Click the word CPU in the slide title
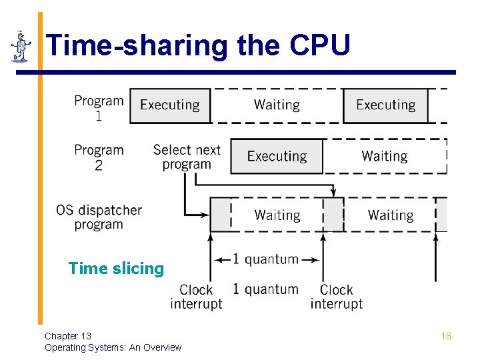coord(321,46)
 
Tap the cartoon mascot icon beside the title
coord(21,47)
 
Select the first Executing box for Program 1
coord(170,105)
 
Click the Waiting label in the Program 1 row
coord(277,105)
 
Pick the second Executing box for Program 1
coord(385,105)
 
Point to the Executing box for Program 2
coord(277,157)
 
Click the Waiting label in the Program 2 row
coord(385,157)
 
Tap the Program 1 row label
coord(99,108)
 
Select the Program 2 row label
coord(99,157)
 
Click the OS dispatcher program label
coord(99,217)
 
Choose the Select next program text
coord(187,157)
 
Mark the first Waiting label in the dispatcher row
coord(277,215)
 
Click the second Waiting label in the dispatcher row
coord(391,215)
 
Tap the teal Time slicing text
coord(116,269)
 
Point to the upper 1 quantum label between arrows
coord(265,259)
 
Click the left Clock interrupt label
coord(196,297)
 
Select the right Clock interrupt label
coord(336,297)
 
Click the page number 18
coord(446,336)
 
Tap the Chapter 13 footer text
coord(68,336)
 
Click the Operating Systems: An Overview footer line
coord(113,347)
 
